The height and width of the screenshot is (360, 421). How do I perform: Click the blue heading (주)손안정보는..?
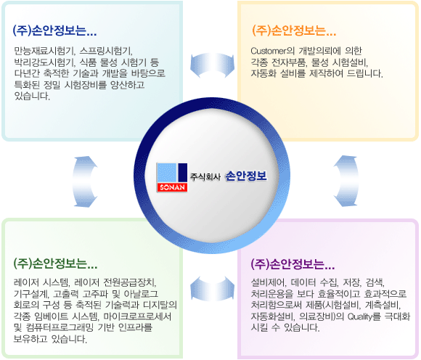54,30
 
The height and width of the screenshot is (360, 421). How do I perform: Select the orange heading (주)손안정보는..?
294,30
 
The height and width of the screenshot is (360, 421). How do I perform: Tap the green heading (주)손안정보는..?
55,263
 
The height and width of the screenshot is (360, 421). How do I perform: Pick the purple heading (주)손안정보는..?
293,264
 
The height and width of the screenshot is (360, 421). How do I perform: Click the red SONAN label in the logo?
172,187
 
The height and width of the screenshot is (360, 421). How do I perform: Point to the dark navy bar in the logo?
183,172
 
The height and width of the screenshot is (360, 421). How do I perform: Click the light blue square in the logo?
166,172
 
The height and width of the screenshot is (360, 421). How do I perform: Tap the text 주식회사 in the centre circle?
205,176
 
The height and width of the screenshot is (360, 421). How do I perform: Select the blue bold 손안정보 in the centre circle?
246,176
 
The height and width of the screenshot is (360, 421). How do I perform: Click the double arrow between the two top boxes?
212,65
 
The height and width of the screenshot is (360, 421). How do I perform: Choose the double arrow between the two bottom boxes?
212,289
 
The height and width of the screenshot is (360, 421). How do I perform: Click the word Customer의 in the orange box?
272,51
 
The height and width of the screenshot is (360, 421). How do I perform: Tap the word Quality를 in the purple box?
364,316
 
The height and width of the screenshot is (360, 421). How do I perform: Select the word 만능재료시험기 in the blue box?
44,51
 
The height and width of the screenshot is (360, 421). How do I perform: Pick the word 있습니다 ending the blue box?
32,96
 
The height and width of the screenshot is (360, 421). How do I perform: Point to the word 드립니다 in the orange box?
364,73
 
